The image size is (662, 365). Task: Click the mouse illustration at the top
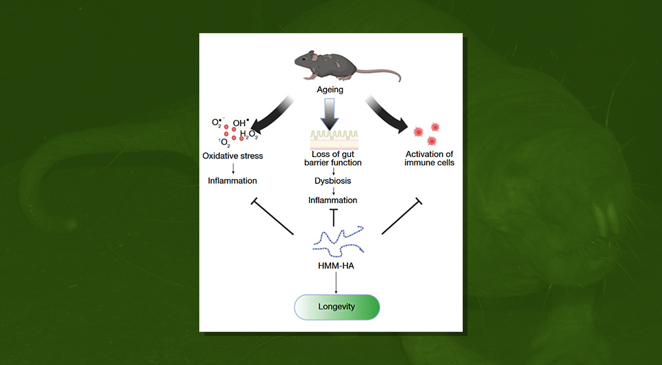point(325,63)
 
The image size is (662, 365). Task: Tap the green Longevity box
point(337,306)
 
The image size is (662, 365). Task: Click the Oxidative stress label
point(232,156)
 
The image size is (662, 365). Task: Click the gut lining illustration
point(333,139)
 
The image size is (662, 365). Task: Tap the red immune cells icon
point(425,134)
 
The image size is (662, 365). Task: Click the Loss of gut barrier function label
point(332,158)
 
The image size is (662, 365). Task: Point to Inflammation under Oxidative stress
point(232,180)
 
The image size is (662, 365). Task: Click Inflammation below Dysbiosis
point(333,200)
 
